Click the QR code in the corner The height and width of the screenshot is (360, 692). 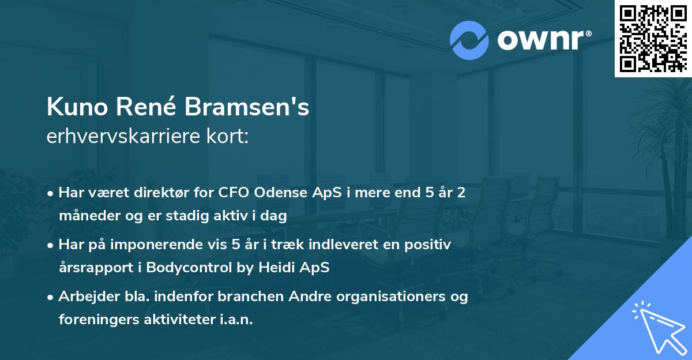[x=653, y=39]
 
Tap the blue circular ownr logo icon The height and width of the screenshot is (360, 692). [x=469, y=40]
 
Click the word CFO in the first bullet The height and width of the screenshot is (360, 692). [x=234, y=193]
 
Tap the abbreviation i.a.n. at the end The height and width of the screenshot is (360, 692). [x=236, y=320]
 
